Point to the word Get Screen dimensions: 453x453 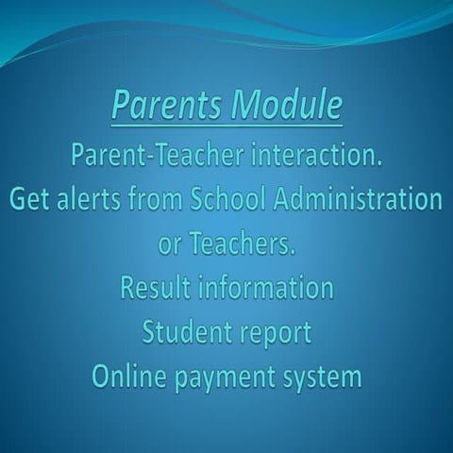point(34,200)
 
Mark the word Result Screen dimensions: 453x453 point(154,288)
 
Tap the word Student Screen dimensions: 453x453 point(186,332)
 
